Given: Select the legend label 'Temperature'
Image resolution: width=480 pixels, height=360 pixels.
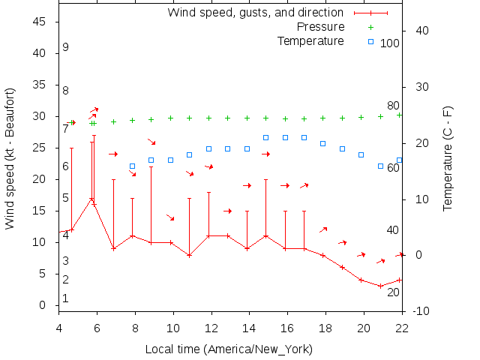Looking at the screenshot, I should click(x=310, y=40).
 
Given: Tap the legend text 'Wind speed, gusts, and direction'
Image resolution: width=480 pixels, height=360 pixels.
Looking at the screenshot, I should click(x=256, y=13).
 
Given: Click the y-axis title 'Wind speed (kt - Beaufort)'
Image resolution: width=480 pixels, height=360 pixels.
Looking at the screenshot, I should click(x=10, y=158).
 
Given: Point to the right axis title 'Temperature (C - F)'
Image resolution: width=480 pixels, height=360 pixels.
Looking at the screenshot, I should click(x=448, y=158).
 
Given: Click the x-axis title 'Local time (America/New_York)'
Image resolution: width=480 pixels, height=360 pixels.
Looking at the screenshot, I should click(x=229, y=349).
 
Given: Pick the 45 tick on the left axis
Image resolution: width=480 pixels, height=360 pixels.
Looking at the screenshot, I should click(x=41, y=22).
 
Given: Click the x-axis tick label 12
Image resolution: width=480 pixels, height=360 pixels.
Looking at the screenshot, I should click(x=211, y=328).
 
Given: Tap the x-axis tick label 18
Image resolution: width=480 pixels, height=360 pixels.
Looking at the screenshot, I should click(x=325, y=328).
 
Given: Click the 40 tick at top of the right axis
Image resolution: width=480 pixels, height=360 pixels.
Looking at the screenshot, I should click(x=421, y=31).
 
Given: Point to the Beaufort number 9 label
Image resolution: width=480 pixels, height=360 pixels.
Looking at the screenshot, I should click(x=66, y=47).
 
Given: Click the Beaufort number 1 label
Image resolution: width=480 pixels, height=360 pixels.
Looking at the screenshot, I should click(x=66, y=298).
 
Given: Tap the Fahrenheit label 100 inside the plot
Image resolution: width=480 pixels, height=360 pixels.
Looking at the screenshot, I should click(x=390, y=43).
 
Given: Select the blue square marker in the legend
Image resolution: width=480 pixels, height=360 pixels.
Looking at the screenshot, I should click(x=370, y=40).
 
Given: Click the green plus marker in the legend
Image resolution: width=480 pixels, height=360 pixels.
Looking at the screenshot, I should click(x=370, y=27).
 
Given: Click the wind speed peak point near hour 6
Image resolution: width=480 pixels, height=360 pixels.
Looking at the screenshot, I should click(x=91, y=199).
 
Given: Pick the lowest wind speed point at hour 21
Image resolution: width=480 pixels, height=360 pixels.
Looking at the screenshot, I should click(x=380, y=286).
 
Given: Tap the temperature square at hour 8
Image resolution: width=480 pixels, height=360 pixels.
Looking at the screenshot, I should click(x=132, y=166).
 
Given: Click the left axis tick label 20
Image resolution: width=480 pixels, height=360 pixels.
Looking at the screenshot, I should click(x=41, y=179).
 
